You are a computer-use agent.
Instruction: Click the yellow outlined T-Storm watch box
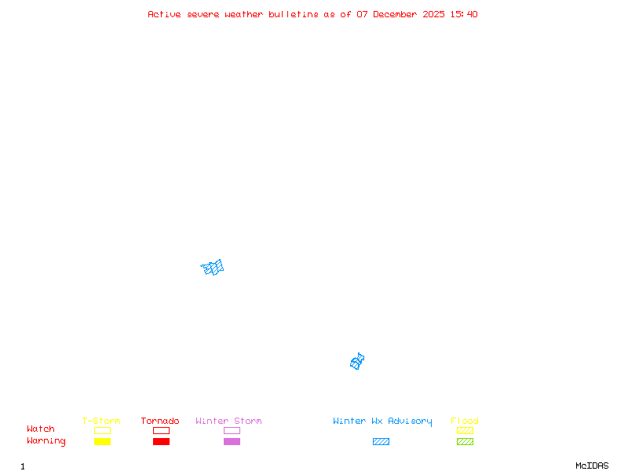tap(102, 430)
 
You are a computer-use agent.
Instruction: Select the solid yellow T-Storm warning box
tap(102, 441)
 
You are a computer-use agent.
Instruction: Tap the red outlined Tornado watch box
tap(161, 430)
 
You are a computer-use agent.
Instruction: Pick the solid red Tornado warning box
tap(161, 441)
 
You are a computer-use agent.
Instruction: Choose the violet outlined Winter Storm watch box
tap(232, 430)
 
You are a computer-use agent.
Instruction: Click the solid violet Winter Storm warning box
tap(232, 441)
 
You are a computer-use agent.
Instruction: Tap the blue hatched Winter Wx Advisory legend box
tap(381, 441)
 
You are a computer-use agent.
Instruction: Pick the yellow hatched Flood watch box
tap(465, 430)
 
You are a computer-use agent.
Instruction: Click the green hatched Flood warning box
tap(465, 441)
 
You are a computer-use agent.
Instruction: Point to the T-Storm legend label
tap(101, 421)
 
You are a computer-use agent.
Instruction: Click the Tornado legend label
tap(160, 421)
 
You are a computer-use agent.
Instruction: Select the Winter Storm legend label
tap(228, 421)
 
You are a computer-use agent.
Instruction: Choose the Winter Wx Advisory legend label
tap(382, 421)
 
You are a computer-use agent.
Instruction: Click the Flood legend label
tap(465, 421)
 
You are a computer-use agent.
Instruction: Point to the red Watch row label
tap(41, 429)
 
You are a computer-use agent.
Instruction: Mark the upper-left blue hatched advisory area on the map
tap(213, 268)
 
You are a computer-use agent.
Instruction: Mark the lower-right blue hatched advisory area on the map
tap(357, 361)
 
